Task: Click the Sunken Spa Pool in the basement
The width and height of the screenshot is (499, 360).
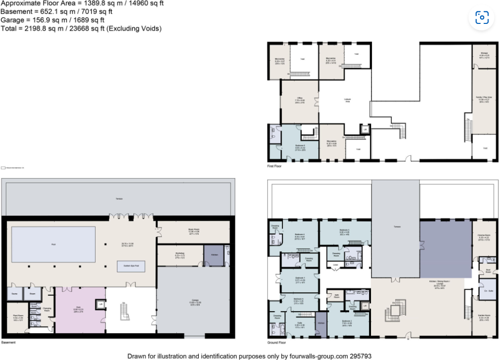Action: (x=131, y=266)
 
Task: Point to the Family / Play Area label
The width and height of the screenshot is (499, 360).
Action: (x=484, y=99)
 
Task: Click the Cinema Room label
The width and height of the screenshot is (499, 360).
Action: (x=484, y=238)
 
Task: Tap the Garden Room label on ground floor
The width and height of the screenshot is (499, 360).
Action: (x=484, y=318)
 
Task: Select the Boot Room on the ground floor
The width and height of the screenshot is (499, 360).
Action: (x=488, y=272)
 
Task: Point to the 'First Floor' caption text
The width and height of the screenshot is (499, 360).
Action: (x=275, y=166)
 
